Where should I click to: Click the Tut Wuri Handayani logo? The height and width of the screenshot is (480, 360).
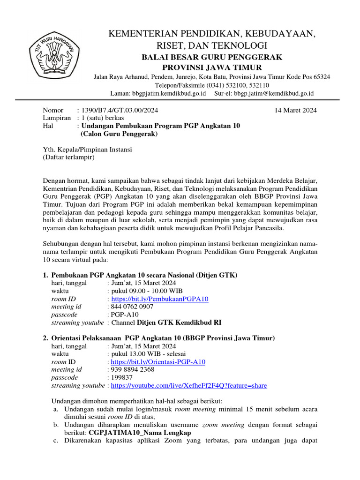(x=55, y=55)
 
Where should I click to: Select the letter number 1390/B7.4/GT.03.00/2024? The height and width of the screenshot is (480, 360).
(x=120, y=111)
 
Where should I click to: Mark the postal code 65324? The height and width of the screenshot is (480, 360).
(x=321, y=76)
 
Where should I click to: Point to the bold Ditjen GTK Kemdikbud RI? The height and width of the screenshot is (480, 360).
(x=179, y=322)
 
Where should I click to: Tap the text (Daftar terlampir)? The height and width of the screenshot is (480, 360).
(x=69, y=157)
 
